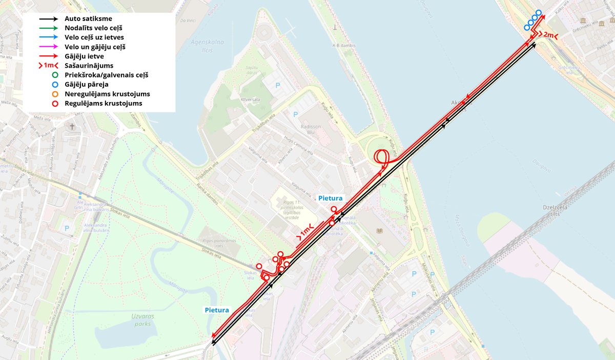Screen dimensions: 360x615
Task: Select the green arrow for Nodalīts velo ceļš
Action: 50,28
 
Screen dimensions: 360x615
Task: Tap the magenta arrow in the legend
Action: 50,47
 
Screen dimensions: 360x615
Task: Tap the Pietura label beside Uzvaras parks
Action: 217,310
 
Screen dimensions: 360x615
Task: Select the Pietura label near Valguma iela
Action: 330,197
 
